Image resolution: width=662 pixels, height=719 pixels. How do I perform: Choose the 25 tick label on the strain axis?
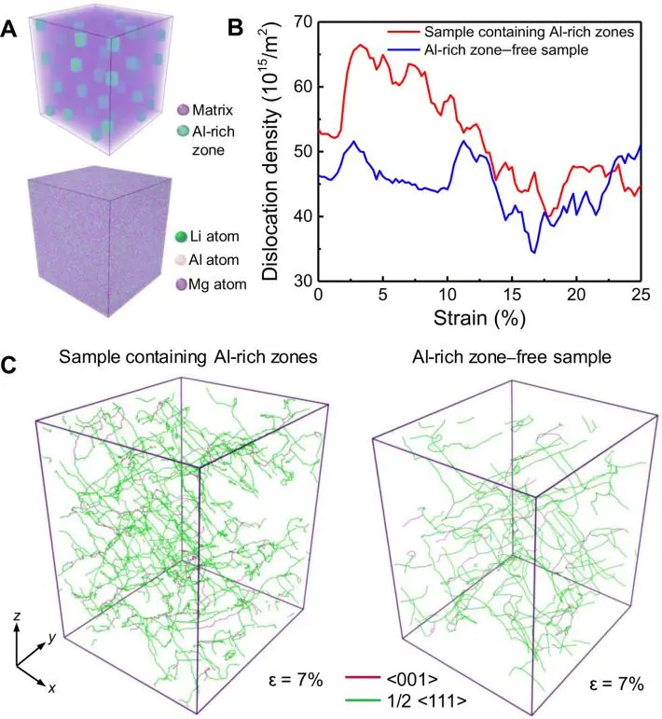640,296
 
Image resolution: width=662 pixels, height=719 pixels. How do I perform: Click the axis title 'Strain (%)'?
479,319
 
